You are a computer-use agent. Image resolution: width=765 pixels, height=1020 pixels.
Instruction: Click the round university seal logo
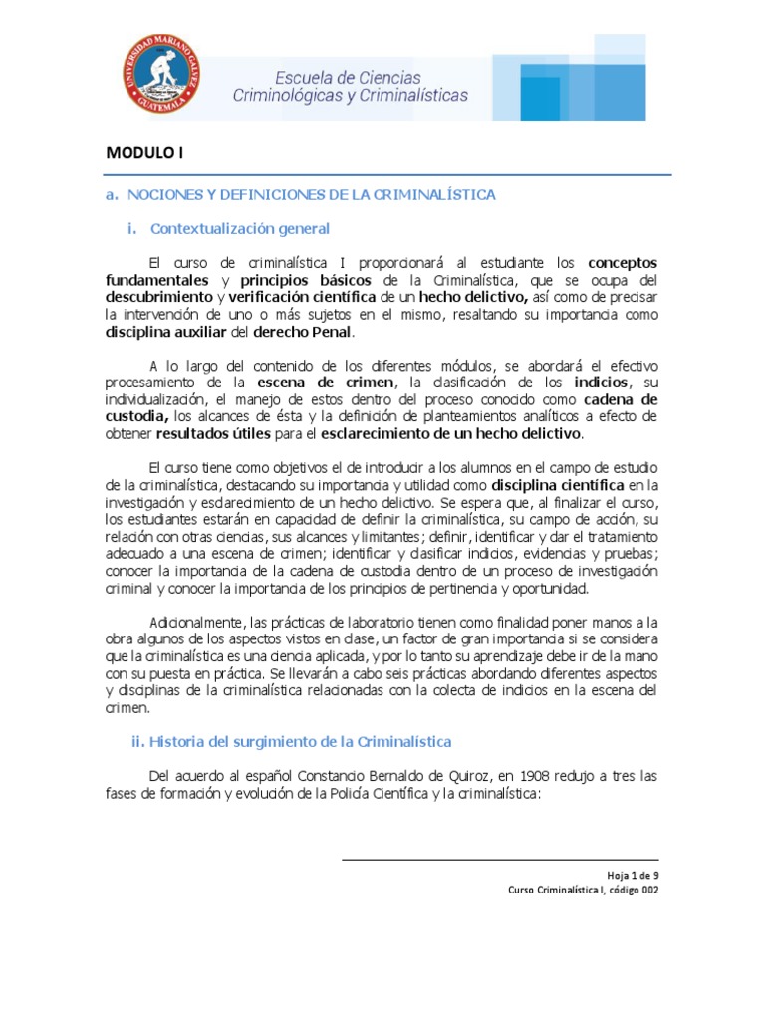161,73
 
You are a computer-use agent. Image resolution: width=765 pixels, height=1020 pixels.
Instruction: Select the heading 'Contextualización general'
239,228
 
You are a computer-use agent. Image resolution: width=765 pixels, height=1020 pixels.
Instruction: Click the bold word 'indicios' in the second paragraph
602,382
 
